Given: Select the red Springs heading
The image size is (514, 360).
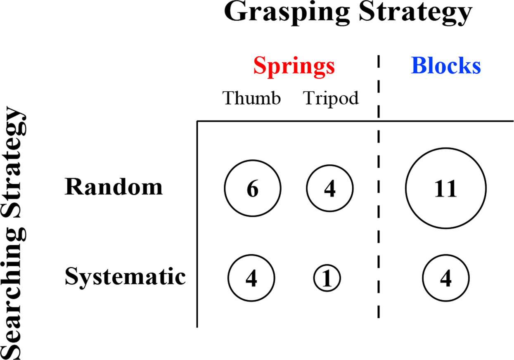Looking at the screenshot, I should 294,66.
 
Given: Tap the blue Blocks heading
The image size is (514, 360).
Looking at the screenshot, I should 446,66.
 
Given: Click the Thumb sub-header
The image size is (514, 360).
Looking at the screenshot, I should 252,98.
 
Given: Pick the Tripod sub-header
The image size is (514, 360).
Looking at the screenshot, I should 331,98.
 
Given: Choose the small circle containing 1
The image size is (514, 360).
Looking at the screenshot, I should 327,279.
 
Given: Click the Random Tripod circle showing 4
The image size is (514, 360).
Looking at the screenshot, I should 330,188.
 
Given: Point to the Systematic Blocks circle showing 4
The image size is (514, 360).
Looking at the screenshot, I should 445,278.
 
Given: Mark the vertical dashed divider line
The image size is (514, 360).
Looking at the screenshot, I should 378,206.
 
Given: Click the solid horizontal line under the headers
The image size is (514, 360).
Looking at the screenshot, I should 355,121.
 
